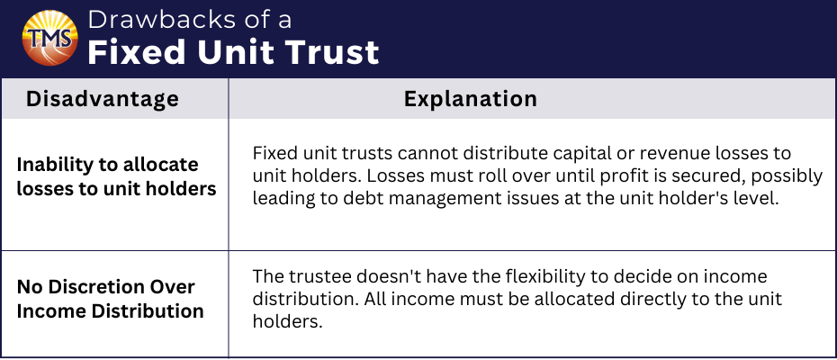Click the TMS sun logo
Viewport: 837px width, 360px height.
pyautogui.click(x=50, y=38)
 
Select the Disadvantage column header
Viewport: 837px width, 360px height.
pyautogui.click(x=102, y=99)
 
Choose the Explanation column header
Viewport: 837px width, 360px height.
pyautogui.click(x=471, y=99)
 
